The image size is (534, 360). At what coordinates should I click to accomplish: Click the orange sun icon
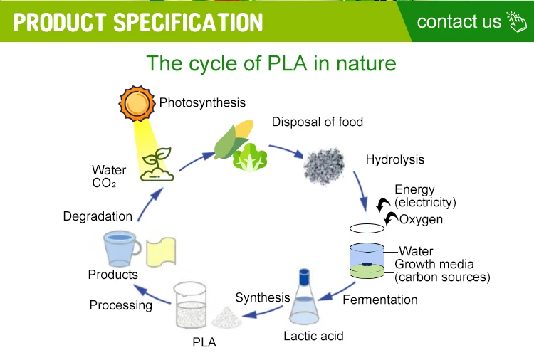point(135,103)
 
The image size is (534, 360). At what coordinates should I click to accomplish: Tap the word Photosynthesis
point(202,102)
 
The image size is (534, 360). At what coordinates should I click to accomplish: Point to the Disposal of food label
point(317,122)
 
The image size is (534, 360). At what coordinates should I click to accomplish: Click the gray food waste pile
point(324,166)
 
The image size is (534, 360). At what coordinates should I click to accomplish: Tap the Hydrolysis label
point(394,159)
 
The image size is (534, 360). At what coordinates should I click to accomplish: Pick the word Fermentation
point(380,300)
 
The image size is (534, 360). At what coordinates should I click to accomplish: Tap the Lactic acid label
point(313,335)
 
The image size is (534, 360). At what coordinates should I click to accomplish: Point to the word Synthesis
point(263,297)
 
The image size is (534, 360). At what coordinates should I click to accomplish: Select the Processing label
point(121,305)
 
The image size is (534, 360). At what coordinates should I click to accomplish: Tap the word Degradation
point(98,216)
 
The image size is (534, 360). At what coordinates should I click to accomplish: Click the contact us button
point(470,21)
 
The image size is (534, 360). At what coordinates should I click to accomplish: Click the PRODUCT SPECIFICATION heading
point(138,22)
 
